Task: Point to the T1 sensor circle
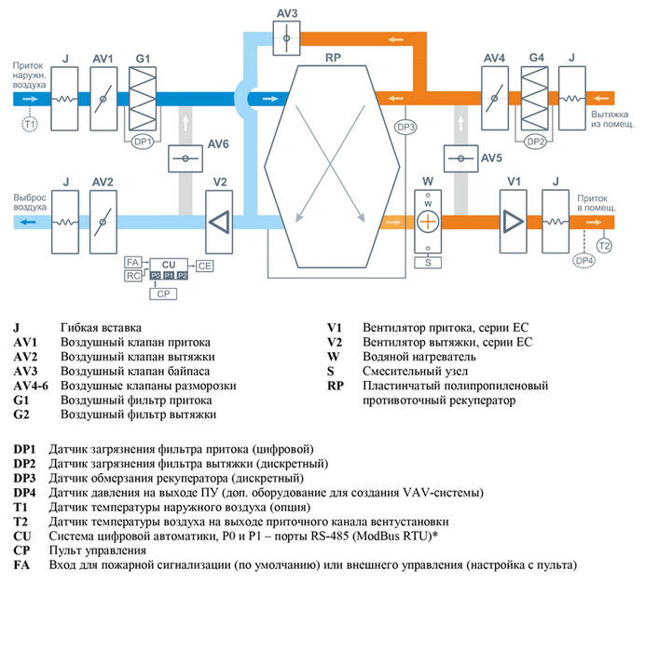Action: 29,123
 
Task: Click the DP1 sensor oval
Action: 143,143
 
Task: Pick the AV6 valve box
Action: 185,157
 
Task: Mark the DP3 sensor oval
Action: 405,126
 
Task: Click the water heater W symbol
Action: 428,221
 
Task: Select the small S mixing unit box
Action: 428,263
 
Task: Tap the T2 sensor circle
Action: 604,246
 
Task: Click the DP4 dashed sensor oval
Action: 584,261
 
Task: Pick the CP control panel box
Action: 162,292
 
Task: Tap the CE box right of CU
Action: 204,266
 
